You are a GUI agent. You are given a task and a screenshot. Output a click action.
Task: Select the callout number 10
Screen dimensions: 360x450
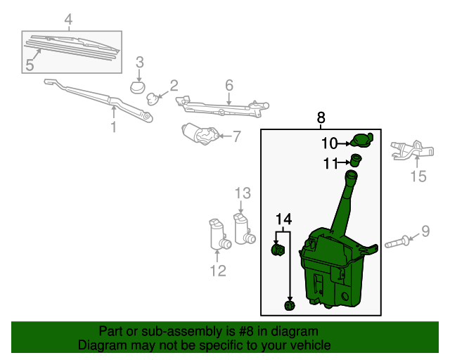[x=329, y=144]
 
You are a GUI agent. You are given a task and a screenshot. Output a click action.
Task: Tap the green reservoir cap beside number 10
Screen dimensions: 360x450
[x=361, y=141]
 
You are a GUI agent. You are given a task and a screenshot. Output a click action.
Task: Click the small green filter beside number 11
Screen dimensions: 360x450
[x=355, y=160]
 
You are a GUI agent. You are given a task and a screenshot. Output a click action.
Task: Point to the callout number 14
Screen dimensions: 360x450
[x=283, y=219]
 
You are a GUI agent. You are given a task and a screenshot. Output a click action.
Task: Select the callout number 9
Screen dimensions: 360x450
[x=425, y=231]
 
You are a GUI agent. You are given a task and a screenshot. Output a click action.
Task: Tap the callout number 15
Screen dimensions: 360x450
[x=418, y=176]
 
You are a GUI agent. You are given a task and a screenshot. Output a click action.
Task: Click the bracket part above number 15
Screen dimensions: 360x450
[x=408, y=148]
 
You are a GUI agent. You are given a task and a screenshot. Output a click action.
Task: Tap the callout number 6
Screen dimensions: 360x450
[x=229, y=86]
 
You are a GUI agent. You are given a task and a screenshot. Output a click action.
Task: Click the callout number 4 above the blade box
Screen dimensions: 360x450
[x=68, y=20]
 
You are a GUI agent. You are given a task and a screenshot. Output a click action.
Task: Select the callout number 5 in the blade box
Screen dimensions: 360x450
[x=30, y=65]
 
